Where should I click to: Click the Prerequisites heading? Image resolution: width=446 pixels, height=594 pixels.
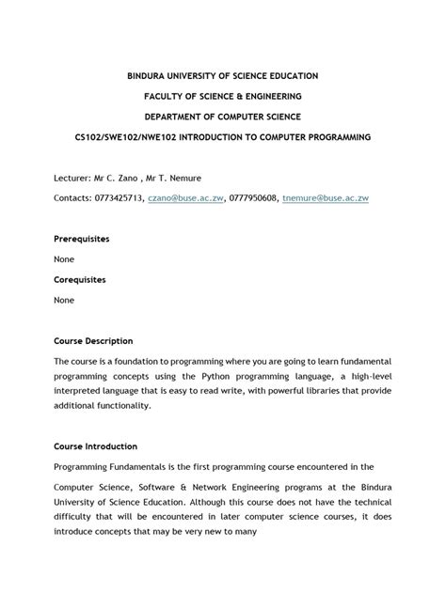[x=82, y=239]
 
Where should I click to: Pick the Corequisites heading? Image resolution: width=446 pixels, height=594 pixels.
[x=79, y=279]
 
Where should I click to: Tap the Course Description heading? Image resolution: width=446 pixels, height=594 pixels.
[x=93, y=340]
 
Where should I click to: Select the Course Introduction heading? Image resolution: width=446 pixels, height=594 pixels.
[x=95, y=446]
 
